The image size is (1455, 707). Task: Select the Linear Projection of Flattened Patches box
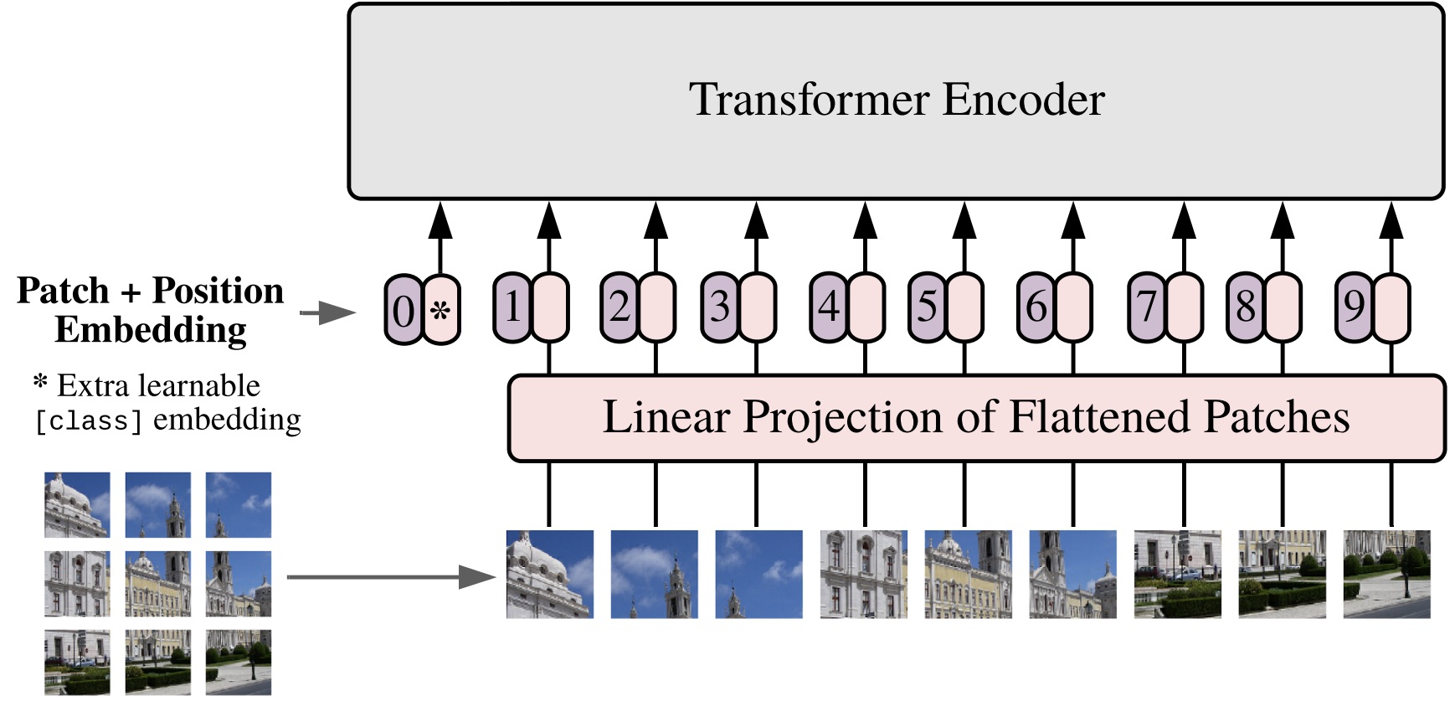point(976,418)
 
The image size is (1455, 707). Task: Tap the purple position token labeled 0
point(403,310)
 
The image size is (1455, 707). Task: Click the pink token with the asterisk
point(441,310)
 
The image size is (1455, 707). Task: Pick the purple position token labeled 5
point(927,307)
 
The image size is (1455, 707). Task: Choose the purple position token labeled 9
point(1354,307)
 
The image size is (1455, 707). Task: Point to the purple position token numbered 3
point(719,307)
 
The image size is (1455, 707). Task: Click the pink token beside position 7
point(1185,307)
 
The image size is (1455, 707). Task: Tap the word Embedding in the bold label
point(151,330)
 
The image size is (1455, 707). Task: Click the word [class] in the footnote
point(88,421)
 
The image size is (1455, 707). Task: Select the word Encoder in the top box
point(1023,100)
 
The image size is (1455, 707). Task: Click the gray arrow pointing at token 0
point(327,313)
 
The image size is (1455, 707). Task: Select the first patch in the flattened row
point(549,575)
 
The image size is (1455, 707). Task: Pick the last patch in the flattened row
point(1386,575)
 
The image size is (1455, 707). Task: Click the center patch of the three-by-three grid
point(157,583)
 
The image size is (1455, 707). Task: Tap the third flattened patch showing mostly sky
point(758,575)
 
